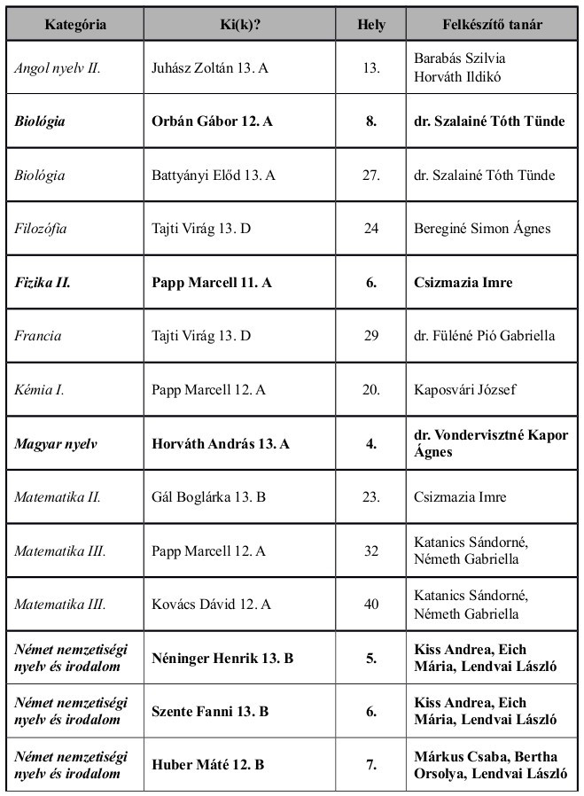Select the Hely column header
[371, 25]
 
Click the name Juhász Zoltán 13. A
[210, 66]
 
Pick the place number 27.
[371, 175]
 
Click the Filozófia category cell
[40, 229]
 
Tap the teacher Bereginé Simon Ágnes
[482, 229]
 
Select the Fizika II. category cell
[43, 283]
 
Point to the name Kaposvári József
[467, 390]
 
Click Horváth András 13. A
[221, 444]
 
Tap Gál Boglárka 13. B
[209, 497]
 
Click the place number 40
[371, 605]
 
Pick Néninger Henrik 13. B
[222, 659]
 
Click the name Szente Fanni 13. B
[211, 712]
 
